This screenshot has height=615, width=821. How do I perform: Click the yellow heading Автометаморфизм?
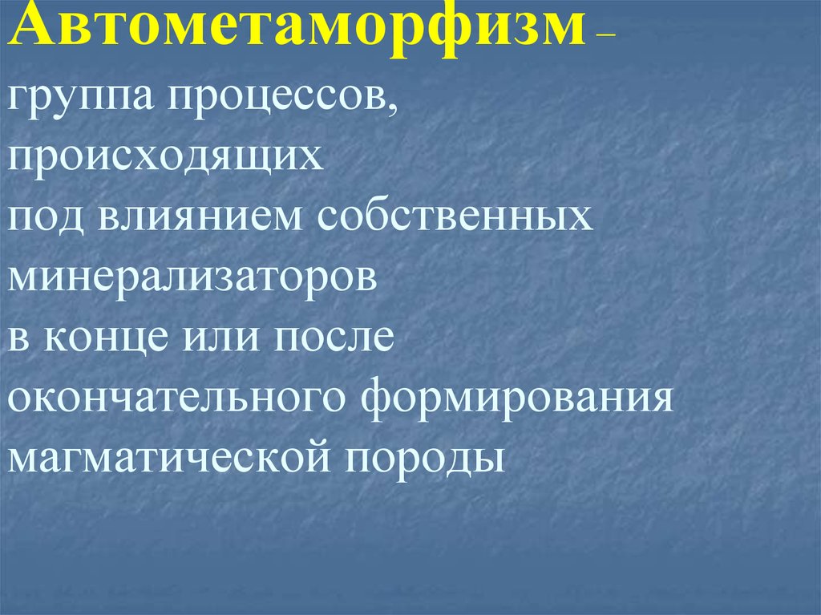[297, 30]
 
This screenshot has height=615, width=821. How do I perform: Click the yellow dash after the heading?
[605, 36]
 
